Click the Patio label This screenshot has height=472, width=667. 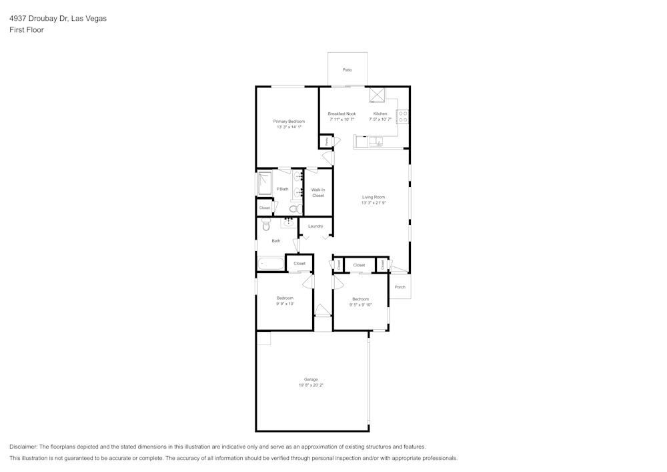pos(347,69)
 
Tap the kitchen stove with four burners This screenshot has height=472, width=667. pos(403,117)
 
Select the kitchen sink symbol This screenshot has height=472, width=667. pos(376,141)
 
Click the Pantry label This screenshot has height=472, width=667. pos(327,141)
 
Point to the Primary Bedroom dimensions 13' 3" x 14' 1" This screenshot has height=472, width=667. pos(289,127)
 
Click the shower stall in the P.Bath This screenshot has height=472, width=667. pos(265,183)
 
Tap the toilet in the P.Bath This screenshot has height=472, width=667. pos(293,209)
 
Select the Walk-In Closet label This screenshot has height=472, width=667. pos(318,192)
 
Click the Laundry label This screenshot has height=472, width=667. pos(315,226)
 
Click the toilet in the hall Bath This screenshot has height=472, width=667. pos(266,226)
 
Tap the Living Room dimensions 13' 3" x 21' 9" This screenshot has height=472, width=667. pos(374,203)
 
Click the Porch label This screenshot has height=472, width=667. pos(400,287)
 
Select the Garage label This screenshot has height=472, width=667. pos(311,379)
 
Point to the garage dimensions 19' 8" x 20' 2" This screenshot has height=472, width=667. pos(311,385)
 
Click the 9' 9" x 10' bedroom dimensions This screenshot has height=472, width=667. pos(285,303)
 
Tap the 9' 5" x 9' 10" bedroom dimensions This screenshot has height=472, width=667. pos(360,304)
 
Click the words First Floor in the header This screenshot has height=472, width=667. pos(27,30)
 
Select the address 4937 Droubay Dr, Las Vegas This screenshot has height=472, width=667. pos(57,19)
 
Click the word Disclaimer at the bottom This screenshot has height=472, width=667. pos(24,447)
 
